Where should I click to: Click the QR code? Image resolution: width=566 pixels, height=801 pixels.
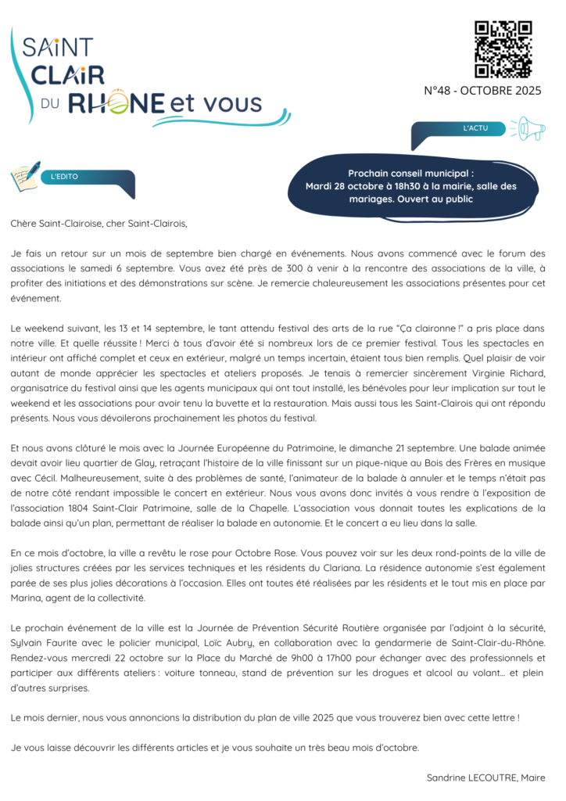click(x=503, y=49)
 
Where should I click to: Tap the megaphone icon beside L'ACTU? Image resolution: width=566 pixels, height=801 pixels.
click(x=528, y=128)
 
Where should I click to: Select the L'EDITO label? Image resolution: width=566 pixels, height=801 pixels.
click(x=64, y=177)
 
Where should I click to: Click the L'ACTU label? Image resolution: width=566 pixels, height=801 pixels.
click(x=475, y=128)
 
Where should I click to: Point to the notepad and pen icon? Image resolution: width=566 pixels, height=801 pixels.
click(x=25, y=176)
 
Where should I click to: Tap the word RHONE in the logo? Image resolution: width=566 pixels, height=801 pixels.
click(x=116, y=102)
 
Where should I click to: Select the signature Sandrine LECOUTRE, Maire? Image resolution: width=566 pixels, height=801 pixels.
click(x=485, y=778)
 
